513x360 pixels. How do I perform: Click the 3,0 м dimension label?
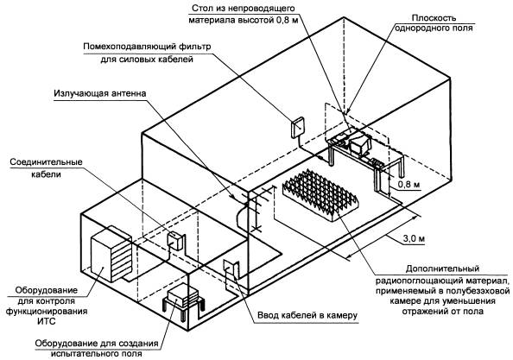(x=414, y=238)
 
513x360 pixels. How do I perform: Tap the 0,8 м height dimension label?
(x=408, y=185)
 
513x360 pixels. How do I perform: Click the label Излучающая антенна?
(x=100, y=93)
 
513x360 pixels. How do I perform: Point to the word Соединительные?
(x=46, y=161)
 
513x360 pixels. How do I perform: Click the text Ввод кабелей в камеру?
(x=307, y=315)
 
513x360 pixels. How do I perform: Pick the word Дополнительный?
(x=442, y=268)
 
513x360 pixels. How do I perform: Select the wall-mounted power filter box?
(x=298, y=128)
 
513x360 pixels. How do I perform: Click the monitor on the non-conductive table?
(x=359, y=143)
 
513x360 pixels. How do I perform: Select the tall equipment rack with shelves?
(x=111, y=254)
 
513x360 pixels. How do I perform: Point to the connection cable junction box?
(x=175, y=241)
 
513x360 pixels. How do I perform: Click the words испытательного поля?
(x=97, y=354)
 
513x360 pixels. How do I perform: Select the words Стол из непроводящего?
(x=243, y=8)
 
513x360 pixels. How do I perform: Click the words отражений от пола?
(x=442, y=311)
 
